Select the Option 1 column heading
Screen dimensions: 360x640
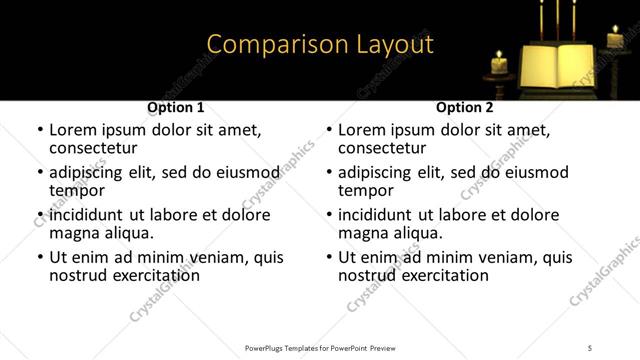point(176,107)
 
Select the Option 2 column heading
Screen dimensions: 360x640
point(465,107)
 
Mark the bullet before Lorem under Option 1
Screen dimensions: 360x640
point(40,130)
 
